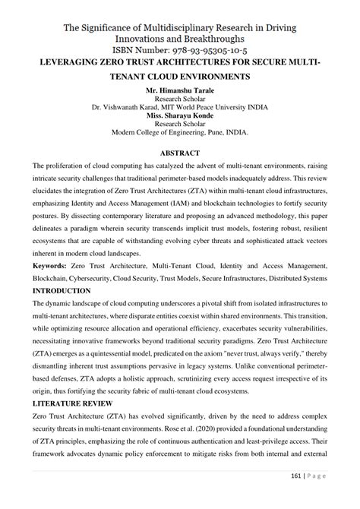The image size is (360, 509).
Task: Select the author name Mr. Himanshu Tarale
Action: pos(179,90)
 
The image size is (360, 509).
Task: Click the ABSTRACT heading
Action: pos(180,151)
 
